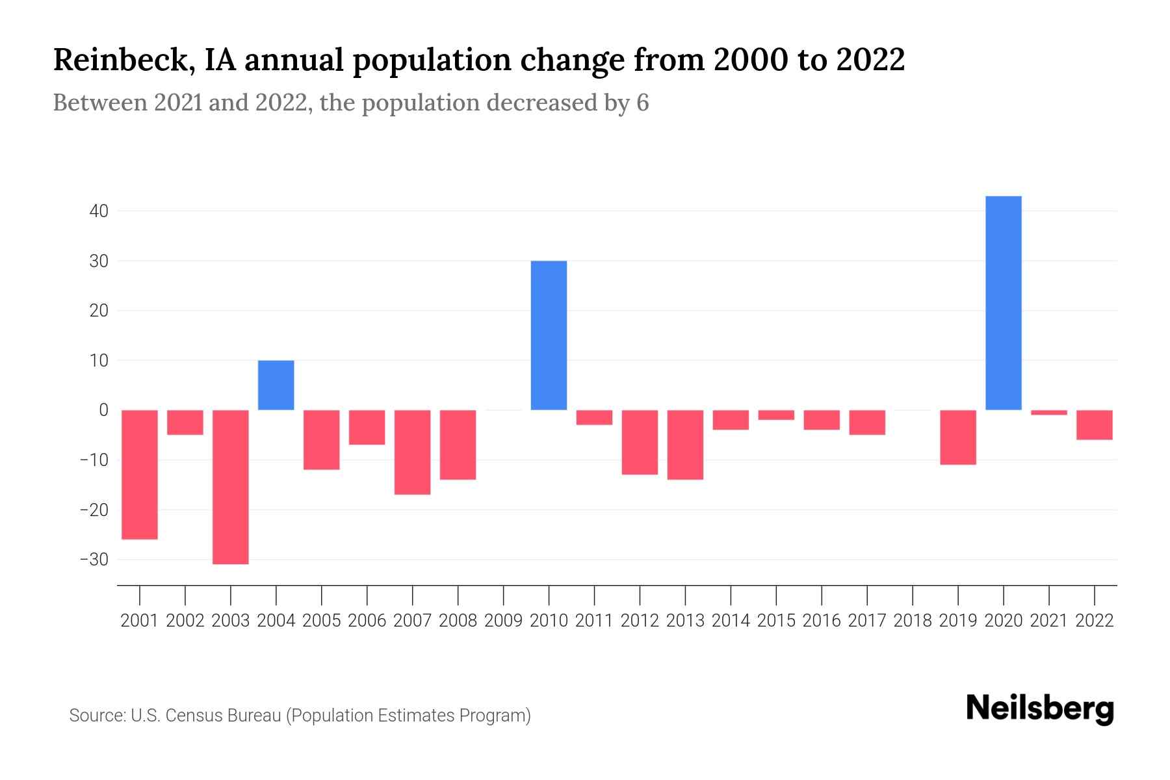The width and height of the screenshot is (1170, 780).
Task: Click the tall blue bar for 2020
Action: tap(1004, 303)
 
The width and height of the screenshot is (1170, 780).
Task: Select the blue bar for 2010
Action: tap(549, 335)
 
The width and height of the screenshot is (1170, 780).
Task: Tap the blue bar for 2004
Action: tap(276, 385)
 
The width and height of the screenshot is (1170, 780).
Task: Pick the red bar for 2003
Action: tap(231, 487)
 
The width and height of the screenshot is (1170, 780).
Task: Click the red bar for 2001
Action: tap(140, 474)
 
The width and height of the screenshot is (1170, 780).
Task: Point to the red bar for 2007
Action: tap(412, 452)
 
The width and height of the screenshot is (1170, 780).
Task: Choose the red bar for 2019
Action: tap(958, 437)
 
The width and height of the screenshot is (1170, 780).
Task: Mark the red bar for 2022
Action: tap(1095, 425)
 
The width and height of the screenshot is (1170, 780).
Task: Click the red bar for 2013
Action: tap(685, 445)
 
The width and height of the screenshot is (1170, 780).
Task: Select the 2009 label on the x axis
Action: tap(503, 621)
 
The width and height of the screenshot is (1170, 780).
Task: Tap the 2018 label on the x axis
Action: tap(913, 621)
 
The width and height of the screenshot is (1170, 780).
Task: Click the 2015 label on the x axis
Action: tap(776, 621)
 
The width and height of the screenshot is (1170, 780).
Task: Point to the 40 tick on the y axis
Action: tap(99, 211)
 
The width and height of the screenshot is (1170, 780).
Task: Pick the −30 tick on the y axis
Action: tap(94, 560)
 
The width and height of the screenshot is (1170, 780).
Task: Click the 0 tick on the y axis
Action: tap(103, 410)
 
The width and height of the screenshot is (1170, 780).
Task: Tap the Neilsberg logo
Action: tap(1039, 708)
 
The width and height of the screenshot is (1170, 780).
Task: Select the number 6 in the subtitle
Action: tap(642, 103)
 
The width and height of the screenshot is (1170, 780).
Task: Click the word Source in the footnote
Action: tap(97, 716)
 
